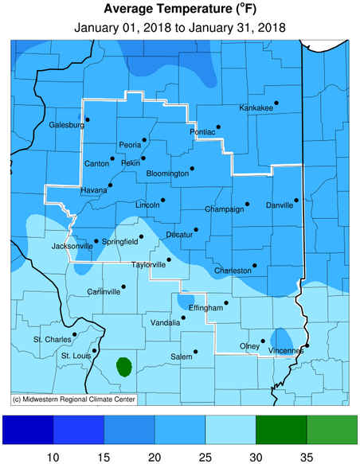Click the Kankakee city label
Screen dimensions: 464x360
(256, 108)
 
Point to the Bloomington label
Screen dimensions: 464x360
(168, 174)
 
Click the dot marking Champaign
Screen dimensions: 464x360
(247, 204)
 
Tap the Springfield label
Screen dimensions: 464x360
(120, 241)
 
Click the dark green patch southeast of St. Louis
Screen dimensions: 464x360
(123, 367)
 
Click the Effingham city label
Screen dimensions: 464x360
(205, 307)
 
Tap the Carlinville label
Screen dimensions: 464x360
(103, 292)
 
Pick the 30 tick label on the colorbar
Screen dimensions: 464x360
(256, 457)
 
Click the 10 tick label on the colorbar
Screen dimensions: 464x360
(53, 457)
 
